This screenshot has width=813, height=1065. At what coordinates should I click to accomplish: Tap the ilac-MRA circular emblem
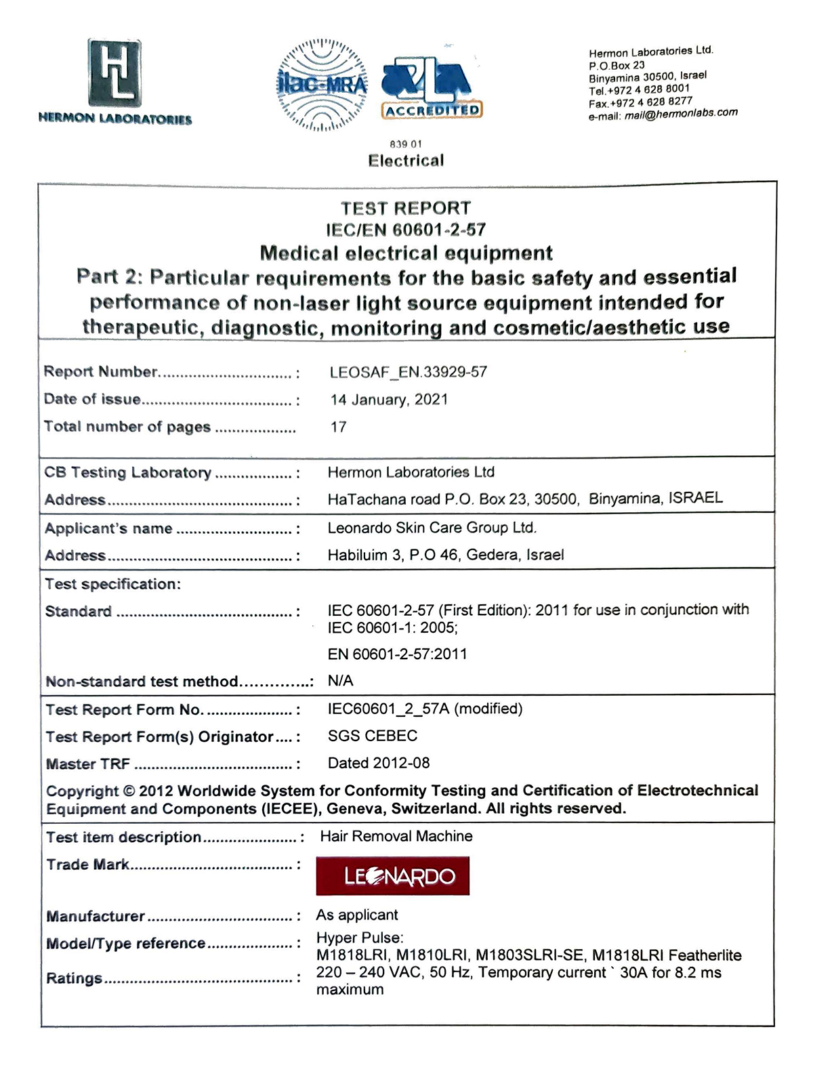click(x=323, y=85)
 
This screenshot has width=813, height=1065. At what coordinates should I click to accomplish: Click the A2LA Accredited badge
click(x=430, y=88)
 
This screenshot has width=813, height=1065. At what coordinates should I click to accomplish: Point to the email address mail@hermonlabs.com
click(x=681, y=114)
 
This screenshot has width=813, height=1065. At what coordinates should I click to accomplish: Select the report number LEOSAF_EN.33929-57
click(x=408, y=372)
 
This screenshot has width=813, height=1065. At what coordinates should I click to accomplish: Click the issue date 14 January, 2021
click(x=389, y=400)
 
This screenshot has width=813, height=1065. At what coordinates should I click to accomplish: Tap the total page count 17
click(x=338, y=427)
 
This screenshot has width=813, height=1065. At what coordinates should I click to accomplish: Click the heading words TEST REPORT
click(x=405, y=208)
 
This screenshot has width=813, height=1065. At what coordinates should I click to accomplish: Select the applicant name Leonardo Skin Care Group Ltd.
click(x=432, y=528)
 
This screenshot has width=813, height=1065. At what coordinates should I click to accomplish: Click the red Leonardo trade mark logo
click(x=392, y=876)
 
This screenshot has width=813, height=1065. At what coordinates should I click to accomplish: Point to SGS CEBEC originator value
click(x=372, y=736)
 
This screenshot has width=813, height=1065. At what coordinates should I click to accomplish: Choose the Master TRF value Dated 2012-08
click(x=378, y=763)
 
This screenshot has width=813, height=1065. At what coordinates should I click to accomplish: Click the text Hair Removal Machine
click(x=396, y=836)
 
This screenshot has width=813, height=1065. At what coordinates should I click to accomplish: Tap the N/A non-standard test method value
click(x=340, y=681)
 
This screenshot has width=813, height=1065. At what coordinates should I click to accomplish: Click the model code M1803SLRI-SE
click(x=529, y=955)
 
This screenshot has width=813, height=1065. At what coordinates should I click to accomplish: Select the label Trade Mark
click(x=87, y=864)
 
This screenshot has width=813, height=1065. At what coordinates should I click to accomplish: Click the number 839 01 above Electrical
click(x=406, y=144)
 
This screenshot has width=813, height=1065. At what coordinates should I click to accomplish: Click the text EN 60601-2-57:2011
click(x=397, y=654)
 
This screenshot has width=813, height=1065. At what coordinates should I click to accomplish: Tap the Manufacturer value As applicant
click(x=356, y=915)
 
